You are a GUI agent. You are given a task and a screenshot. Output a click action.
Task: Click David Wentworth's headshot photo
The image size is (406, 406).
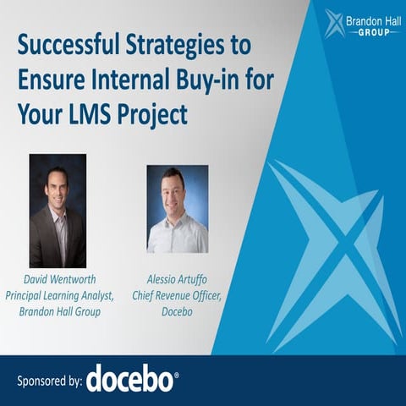point(58,211)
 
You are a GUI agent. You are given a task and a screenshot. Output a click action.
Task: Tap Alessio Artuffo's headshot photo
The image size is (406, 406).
point(178,209)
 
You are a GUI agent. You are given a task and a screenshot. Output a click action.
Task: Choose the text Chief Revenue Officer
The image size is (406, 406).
point(178,294)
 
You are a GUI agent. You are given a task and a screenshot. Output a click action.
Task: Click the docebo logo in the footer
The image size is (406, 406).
point(132,378)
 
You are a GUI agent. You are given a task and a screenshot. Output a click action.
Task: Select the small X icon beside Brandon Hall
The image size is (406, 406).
point(333,23)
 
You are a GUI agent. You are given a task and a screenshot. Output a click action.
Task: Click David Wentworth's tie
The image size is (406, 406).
point(59,233)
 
